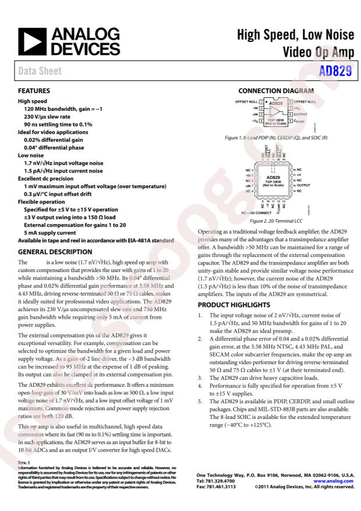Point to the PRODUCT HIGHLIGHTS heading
click(233, 305)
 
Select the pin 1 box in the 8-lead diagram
click(261, 101)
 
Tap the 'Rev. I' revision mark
click(24, 463)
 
